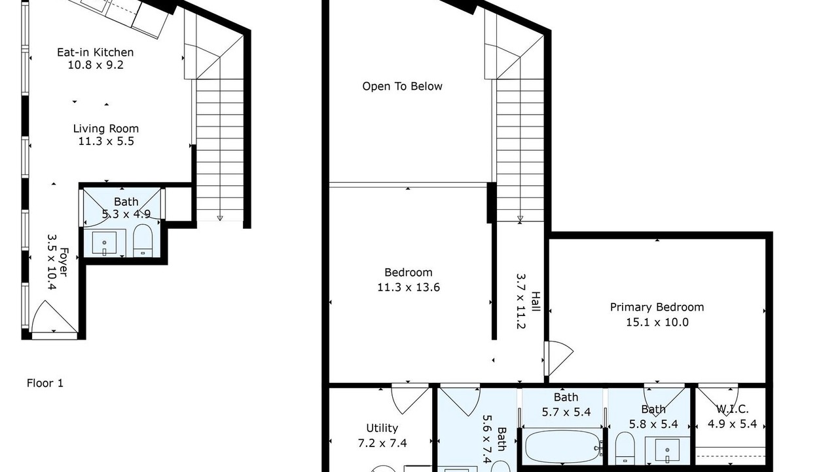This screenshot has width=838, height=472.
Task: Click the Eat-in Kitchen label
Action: pyautogui.click(x=96, y=52)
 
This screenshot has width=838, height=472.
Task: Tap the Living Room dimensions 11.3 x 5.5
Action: pyautogui.click(x=106, y=141)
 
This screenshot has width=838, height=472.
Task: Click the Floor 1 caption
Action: pyautogui.click(x=45, y=383)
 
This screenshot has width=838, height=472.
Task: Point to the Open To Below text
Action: pyautogui.click(x=402, y=87)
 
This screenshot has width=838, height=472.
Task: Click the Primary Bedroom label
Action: pyautogui.click(x=657, y=307)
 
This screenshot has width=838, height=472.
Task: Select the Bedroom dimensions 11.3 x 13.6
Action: pyautogui.click(x=409, y=287)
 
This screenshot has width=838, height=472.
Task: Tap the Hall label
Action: pyautogui.click(x=536, y=302)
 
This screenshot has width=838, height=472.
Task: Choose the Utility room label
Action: pyautogui.click(x=382, y=428)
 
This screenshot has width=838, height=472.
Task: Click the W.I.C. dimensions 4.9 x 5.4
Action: pyautogui.click(x=732, y=424)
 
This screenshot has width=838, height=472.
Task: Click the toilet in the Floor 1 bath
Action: pyautogui.click(x=143, y=240)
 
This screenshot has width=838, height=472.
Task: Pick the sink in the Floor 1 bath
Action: pyautogui.click(x=104, y=243)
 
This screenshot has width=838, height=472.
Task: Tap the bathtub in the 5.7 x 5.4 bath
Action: pyautogui.click(x=564, y=447)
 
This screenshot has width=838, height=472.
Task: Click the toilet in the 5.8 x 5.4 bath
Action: pyautogui.click(x=625, y=448)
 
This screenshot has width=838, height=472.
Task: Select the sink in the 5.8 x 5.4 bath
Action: pyautogui.click(x=667, y=450)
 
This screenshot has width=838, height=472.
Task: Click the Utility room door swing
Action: pyautogui.click(x=410, y=400)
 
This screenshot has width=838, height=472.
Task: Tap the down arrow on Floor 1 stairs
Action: pyautogui.click(x=220, y=218)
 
